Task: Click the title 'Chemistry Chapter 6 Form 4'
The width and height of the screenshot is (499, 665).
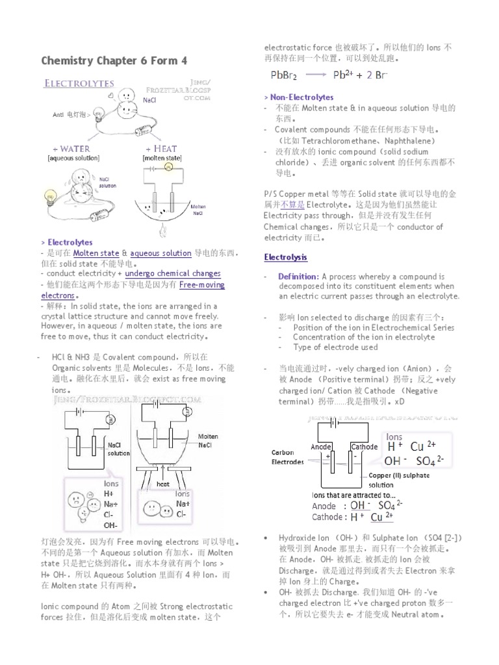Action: point(114,60)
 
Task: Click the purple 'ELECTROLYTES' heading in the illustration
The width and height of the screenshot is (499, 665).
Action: point(79,83)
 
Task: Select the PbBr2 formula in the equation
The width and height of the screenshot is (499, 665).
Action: point(283,75)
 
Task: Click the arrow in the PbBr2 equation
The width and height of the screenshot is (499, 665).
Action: point(318,75)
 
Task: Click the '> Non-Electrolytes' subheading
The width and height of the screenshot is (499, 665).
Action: point(299,97)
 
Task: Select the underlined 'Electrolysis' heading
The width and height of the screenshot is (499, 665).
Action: point(285,257)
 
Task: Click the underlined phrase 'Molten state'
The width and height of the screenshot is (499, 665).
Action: point(96,253)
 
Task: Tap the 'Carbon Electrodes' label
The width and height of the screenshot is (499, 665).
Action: point(287,457)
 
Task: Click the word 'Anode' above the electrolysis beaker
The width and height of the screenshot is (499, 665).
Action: point(321,447)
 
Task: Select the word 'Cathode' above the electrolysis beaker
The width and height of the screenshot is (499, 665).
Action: point(364,447)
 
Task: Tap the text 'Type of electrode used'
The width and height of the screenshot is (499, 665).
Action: point(335,347)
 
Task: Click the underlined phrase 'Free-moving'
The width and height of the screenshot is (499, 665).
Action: point(201,284)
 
